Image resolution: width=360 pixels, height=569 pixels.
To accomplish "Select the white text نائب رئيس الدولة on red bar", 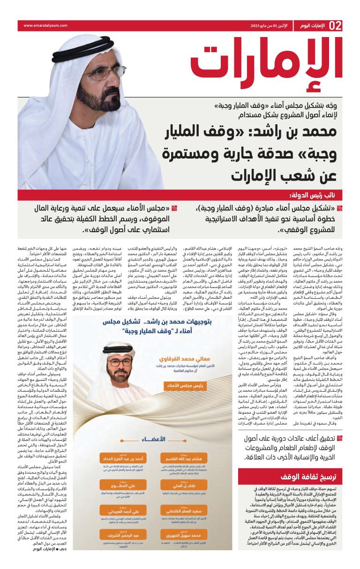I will [317, 194].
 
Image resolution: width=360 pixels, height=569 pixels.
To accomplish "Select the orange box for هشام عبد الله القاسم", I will [183, 457].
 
